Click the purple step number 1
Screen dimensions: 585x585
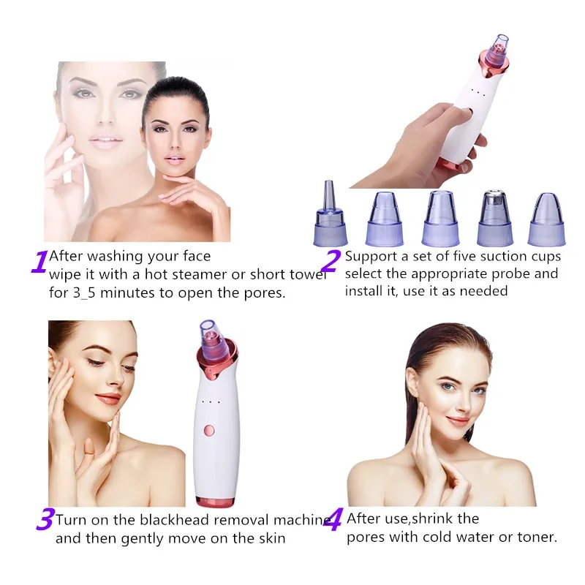(39, 262)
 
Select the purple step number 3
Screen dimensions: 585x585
(46, 518)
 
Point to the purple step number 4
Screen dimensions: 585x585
(333, 519)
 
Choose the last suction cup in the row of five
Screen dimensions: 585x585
(546, 220)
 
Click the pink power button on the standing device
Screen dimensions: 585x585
(210, 431)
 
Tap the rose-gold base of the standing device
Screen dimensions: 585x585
(215, 502)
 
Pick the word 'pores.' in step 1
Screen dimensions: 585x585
(265, 293)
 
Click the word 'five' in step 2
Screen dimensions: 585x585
(465, 257)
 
